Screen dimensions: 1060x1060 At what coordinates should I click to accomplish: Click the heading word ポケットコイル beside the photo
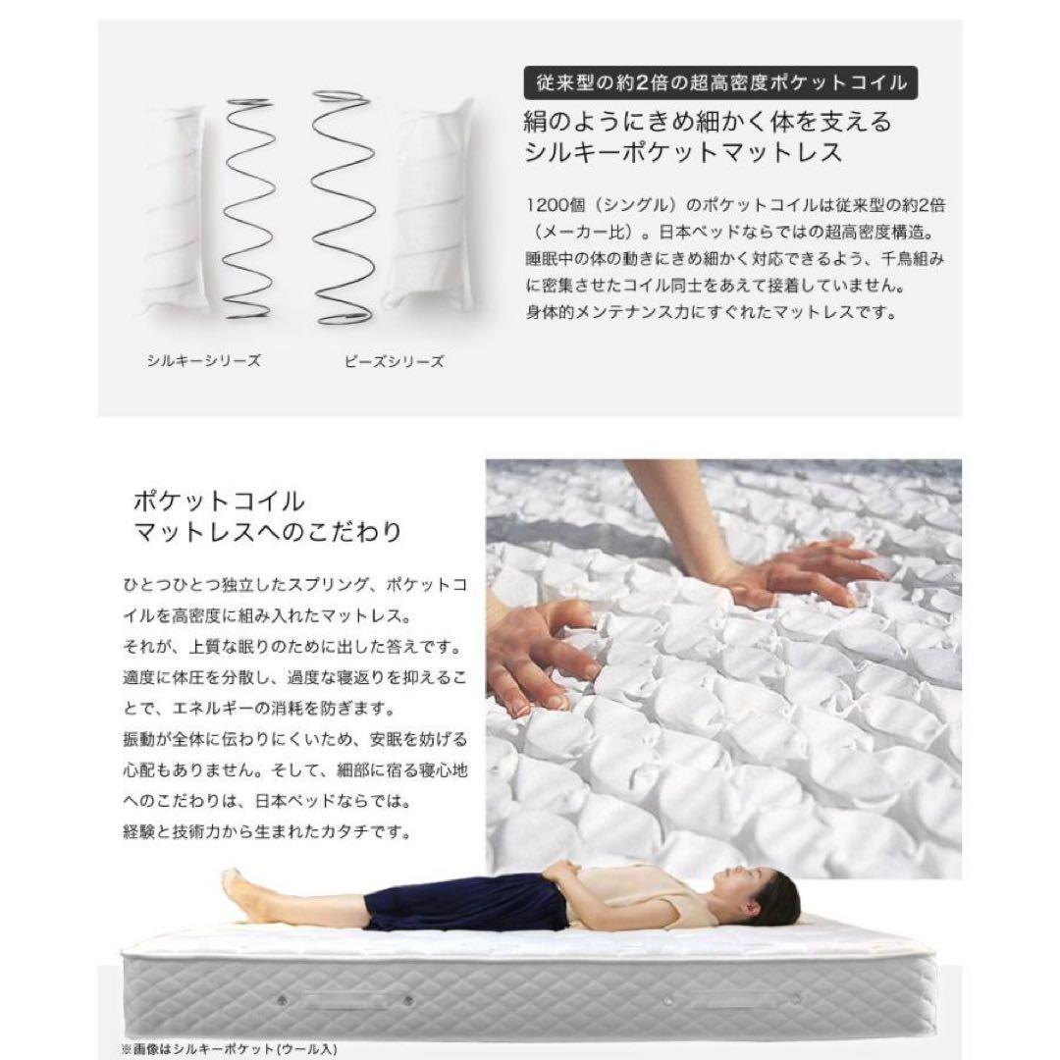click(219, 501)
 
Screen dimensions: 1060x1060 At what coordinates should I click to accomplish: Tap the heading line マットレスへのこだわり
click(267, 533)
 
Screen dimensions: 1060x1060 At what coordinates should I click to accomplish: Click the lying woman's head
click(761, 894)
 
